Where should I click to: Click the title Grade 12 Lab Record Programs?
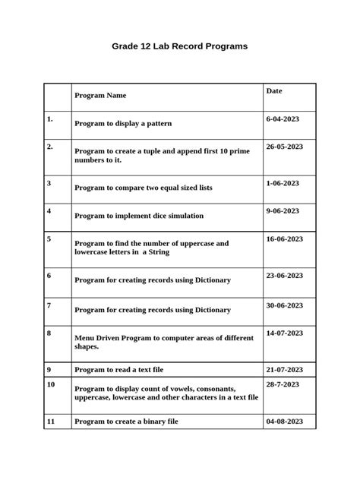pyautogui.click(x=179, y=46)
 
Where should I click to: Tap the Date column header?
pyautogui.click(x=274, y=91)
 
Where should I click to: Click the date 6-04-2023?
pyautogui.click(x=283, y=119)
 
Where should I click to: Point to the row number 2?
pyautogui.click(x=49, y=147)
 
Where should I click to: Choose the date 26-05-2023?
pyautogui.click(x=285, y=147)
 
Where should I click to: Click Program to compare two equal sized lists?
pyautogui.click(x=144, y=187)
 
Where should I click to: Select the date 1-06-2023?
pyautogui.click(x=283, y=183)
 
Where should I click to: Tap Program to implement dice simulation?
pyautogui.click(x=139, y=216)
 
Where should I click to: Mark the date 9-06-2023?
pyautogui.click(x=283, y=211)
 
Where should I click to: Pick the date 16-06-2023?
pyautogui.click(x=285, y=238)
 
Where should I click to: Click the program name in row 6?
pyautogui.click(x=153, y=280)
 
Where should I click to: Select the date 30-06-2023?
pyautogui.click(x=285, y=305)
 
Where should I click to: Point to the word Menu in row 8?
pyautogui.click(x=85, y=338)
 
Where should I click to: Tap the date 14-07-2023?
pyautogui.click(x=285, y=333)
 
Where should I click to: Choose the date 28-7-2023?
pyautogui.click(x=283, y=384)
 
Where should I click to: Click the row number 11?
pyautogui.click(x=51, y=421)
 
